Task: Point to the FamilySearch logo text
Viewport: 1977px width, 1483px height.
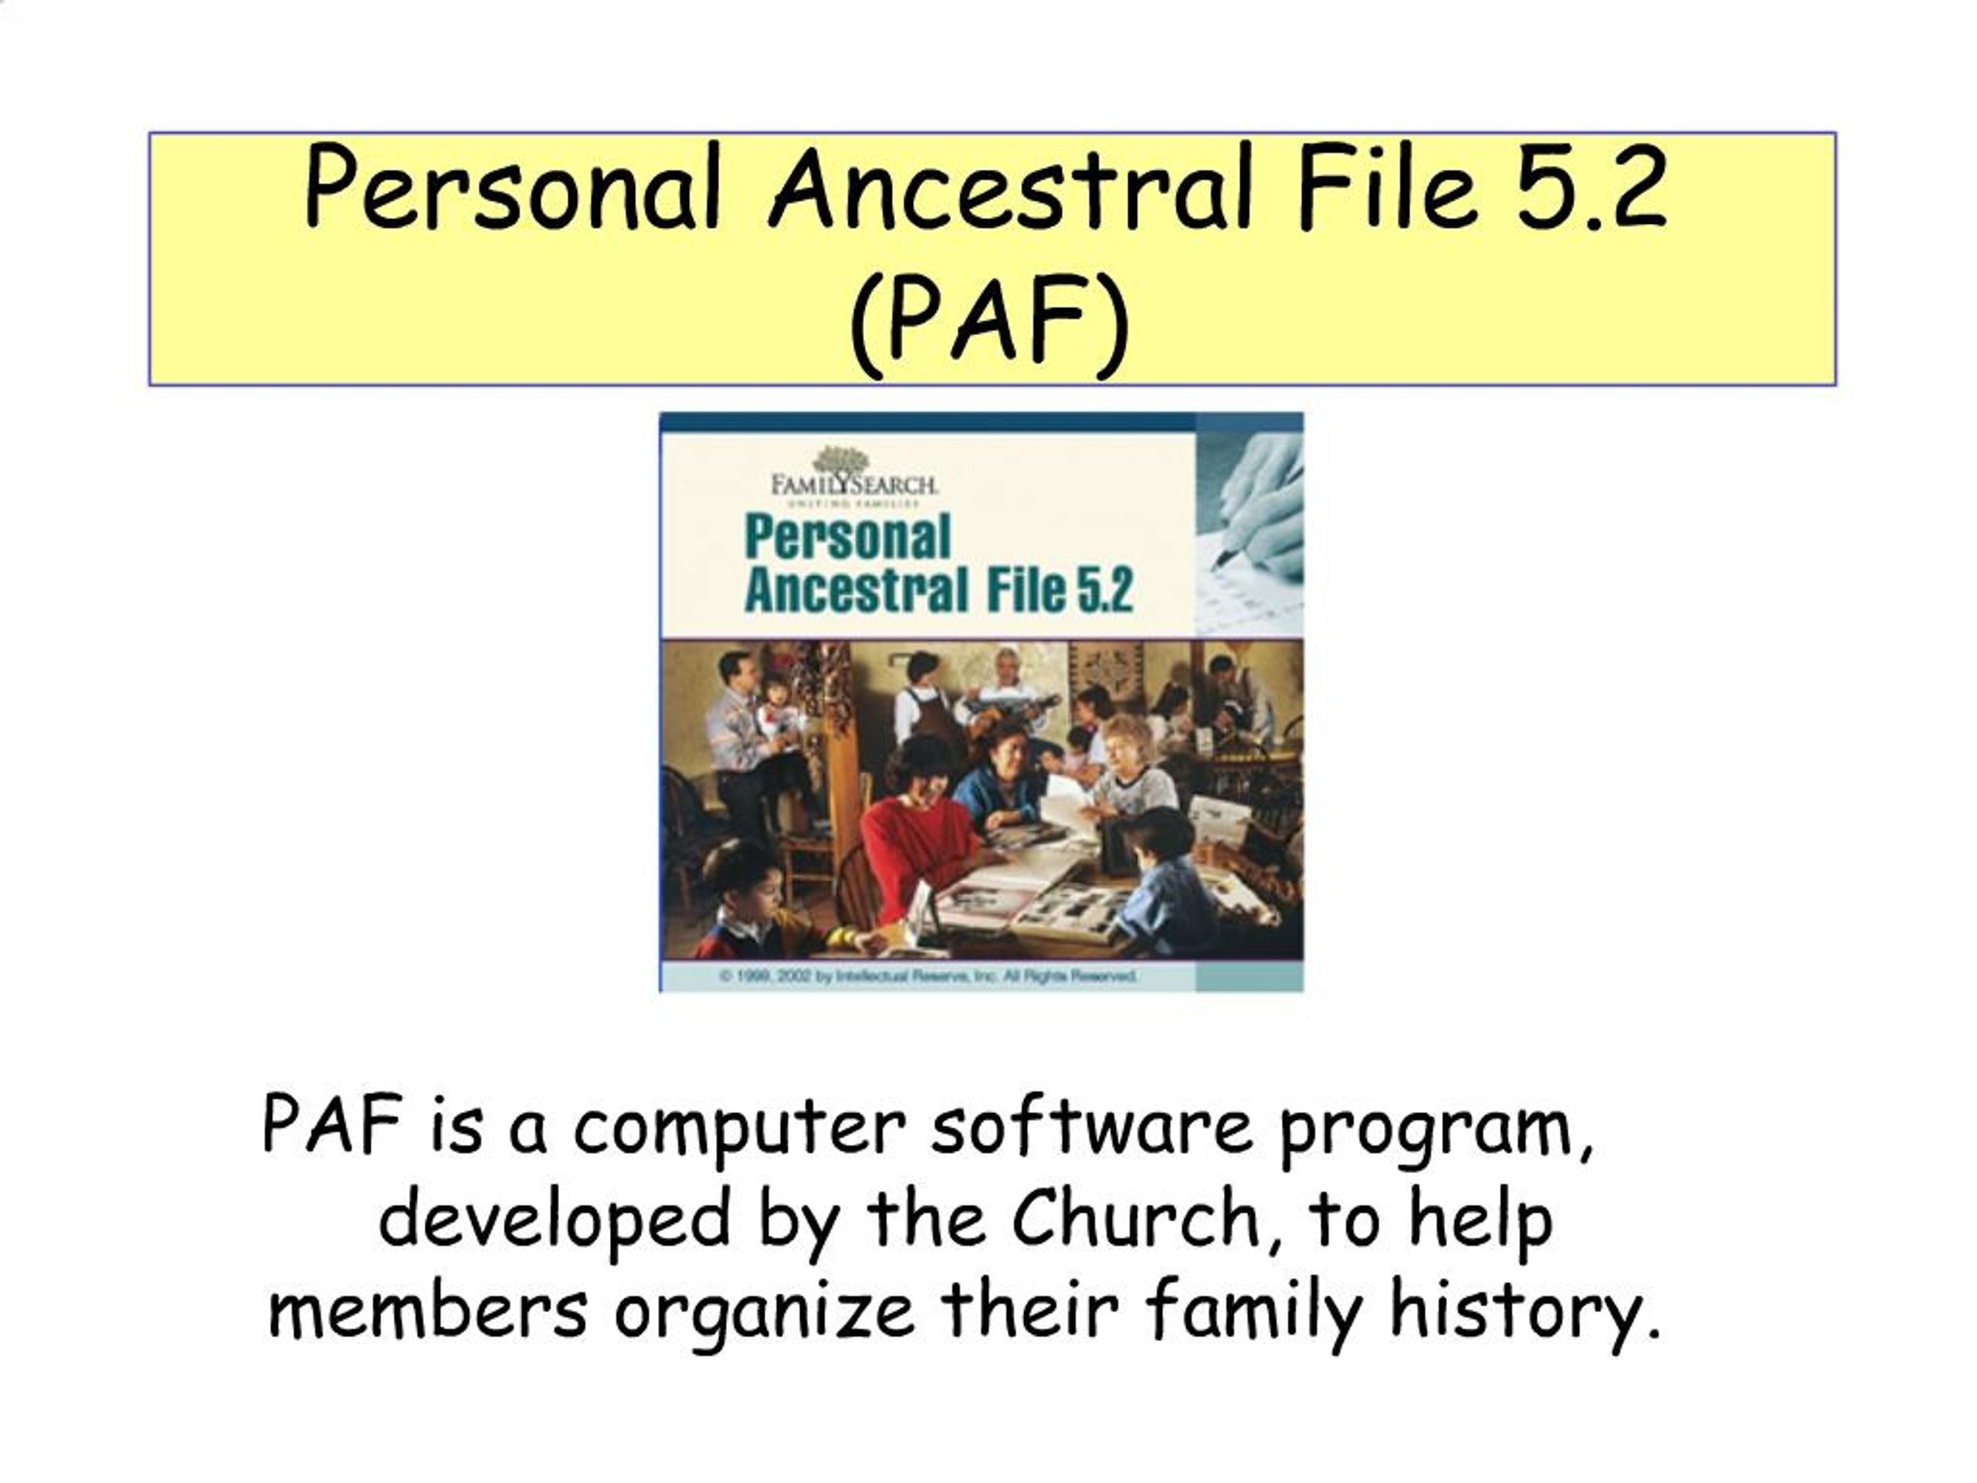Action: [853, 485]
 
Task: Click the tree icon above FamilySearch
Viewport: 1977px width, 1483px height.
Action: [840, 460]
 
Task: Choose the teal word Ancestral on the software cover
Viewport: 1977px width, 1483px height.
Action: [856, 591]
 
